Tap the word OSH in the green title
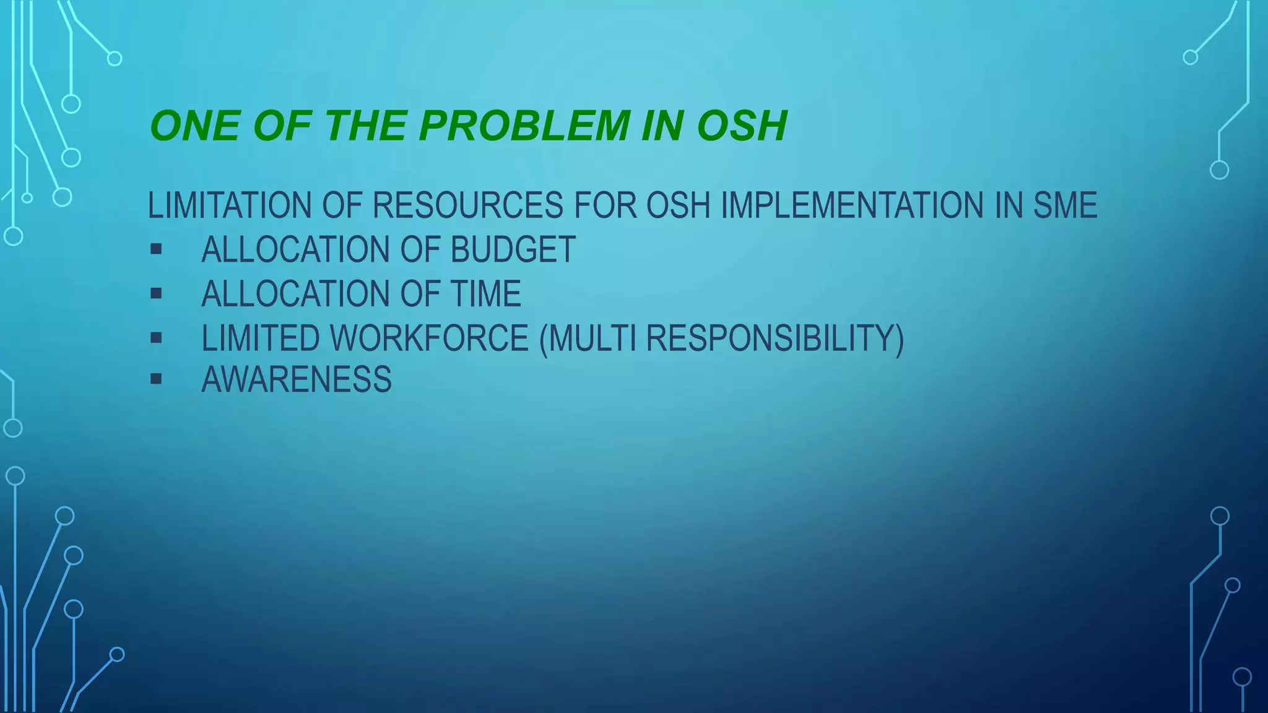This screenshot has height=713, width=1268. click(741, 126)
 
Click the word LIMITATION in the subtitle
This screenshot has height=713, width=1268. click(229, 205)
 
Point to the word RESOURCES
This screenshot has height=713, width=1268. click(468, 205)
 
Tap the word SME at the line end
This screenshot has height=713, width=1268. click(1065, 205)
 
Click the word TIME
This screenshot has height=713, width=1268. click(485, 294)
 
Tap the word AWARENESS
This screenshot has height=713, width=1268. click(297, 379)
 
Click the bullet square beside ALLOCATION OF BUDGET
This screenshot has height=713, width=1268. click(156, 249)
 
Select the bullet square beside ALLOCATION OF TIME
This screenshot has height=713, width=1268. click(156, 293)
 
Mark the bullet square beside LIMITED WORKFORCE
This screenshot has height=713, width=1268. click(156, 338)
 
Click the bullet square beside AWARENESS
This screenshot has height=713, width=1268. click(156, 379)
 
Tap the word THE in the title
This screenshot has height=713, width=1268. click(365, 126)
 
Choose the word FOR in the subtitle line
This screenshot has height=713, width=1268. click(605, 205)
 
